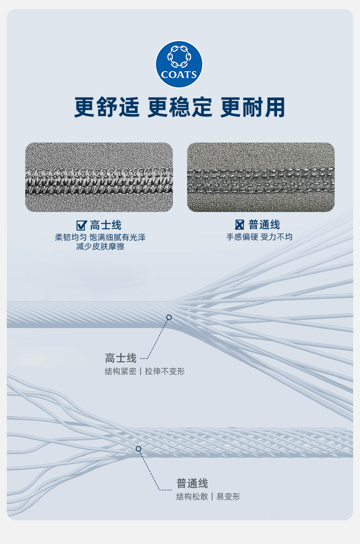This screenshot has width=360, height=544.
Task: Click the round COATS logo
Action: pyautogui.click(x=179, y=64)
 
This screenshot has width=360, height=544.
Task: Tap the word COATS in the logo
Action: pyautogui.click(x=179, y=75)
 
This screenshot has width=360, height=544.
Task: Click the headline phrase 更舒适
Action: pyautogui.click(x=107, y=108)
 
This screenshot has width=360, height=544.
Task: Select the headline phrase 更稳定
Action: pyautogui.click(x=180, y=108)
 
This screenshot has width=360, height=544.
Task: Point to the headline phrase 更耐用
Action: pyautogui.click(x=252, y=108)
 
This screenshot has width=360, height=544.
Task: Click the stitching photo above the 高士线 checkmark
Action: pyautogui.click(x=99, y=177)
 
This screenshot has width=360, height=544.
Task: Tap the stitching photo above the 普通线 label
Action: pyautogui.click(x=261, y=177)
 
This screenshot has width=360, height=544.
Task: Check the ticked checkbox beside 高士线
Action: pyautogui.click(x=82, y=225)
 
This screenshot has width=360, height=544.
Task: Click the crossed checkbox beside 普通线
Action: pyautogui.click(x=240, y=225)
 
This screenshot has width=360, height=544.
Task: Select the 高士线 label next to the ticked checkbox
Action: pyautogui.click(x=105, y=225)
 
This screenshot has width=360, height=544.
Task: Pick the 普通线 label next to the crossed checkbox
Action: pyautogui.click(x=264, y=225)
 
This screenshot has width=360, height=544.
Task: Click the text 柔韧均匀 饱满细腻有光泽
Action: pyautogui.click(x=100, y=237)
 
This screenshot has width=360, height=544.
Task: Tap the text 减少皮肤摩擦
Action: pyautogui.click(x=100, y=247)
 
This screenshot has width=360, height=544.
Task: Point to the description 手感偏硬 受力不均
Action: pyautogui.click(x=259, y=237)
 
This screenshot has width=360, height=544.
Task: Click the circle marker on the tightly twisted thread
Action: pyautogui.click(x=169, y=317)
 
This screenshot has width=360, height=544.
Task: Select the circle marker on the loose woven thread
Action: pyautogui.click(x=139, y=449)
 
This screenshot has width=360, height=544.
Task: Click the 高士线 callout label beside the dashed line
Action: pyautogui.click(x=121, y=358)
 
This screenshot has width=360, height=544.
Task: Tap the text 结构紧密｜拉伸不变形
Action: pyautogui.click(x=144, y=371)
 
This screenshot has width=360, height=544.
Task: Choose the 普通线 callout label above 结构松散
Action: pyautogui.click(x=192, y=483)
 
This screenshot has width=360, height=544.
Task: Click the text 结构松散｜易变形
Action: pyautogui.click(x=208, y=497)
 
